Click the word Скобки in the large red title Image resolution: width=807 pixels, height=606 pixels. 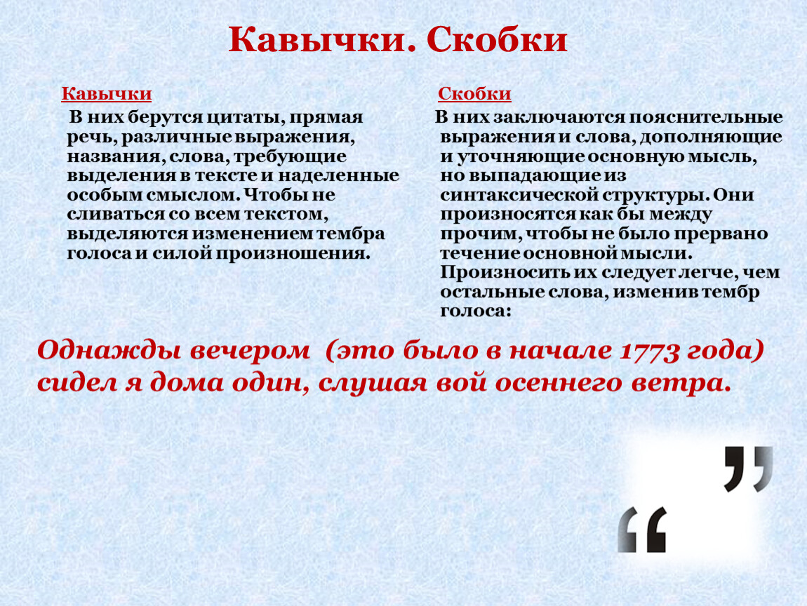pos(497,39)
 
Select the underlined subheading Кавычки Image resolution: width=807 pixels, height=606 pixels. pos(107,93)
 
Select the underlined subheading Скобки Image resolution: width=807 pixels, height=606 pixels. pos(474,93)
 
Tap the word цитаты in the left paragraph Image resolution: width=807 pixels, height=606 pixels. pos(244,118)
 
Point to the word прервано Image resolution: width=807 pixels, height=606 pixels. pos(721,234)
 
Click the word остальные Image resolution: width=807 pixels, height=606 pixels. pos(489,292)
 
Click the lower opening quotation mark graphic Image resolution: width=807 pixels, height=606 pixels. pos(642,530)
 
